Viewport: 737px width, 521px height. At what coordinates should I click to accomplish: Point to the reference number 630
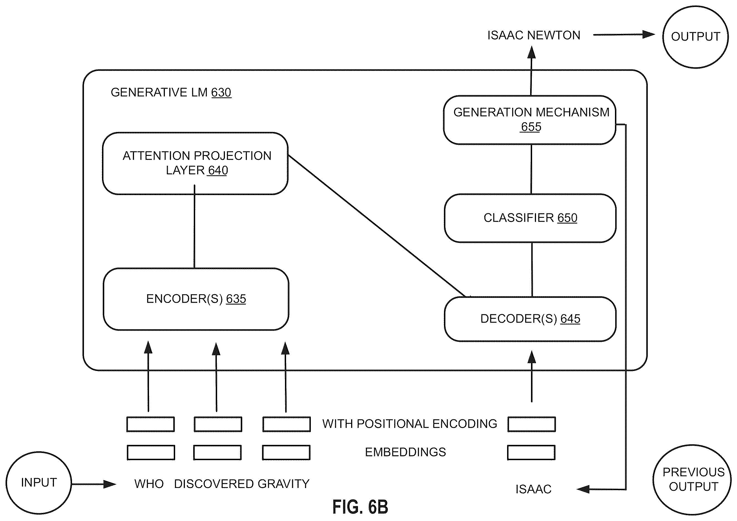[x=221, y=93]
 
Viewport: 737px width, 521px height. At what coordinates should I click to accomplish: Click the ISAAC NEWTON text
[x=534, y=35]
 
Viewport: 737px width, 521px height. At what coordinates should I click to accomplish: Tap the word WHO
[x=149, y=484]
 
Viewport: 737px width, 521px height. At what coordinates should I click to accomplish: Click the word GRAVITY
[x=284, y=484]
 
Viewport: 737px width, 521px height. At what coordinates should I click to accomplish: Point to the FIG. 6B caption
[x=360, y=507]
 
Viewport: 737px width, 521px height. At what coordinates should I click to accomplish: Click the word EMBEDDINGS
[x=405, y=452]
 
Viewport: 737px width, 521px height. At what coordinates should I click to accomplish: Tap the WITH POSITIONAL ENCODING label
[x=410, y=424]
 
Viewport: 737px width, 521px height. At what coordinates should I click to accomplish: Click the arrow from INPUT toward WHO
[x=94, y=484]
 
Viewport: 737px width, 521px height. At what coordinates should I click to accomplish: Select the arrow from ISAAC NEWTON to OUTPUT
[x=624, y=35]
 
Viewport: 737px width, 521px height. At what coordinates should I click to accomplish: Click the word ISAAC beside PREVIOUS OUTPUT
[x=533, y=489]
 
